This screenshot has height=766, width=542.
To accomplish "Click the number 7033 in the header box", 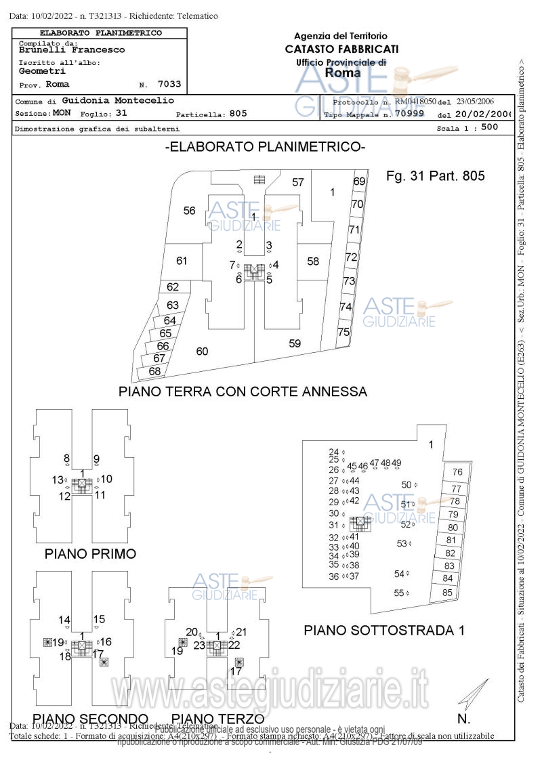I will click(x=169, y=85).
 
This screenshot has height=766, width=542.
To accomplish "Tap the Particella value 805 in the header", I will click(x=238, y=114).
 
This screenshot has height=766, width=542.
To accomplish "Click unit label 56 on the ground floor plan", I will click(x=190, y=211).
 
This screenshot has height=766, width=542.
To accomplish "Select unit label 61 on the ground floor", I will click(x=182, y=261).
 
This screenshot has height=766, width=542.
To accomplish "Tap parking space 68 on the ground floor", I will click(x=154, y=371).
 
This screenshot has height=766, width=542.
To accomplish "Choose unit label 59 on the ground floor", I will click(x=295, y=343).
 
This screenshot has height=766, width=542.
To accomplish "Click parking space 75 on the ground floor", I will click(x=343, y=332).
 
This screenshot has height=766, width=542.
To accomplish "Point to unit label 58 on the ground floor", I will click(x=313, y=261).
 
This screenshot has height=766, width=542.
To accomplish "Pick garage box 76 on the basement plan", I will click(x=457, y=472).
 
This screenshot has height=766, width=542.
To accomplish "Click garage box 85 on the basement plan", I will click(x=447, y=593).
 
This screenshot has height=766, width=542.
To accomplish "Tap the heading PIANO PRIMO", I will click(x=90, y=553).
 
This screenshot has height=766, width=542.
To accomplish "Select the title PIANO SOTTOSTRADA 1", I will click(x=384, y=630).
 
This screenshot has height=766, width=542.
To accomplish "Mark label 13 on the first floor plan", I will click(x=58, y=480).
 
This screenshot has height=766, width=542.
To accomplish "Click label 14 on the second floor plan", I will click(x=64, y=620).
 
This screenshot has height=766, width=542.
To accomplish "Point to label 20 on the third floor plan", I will click(x=192, y=632).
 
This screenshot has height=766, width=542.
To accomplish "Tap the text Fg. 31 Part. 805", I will click(x=436, y=176).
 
